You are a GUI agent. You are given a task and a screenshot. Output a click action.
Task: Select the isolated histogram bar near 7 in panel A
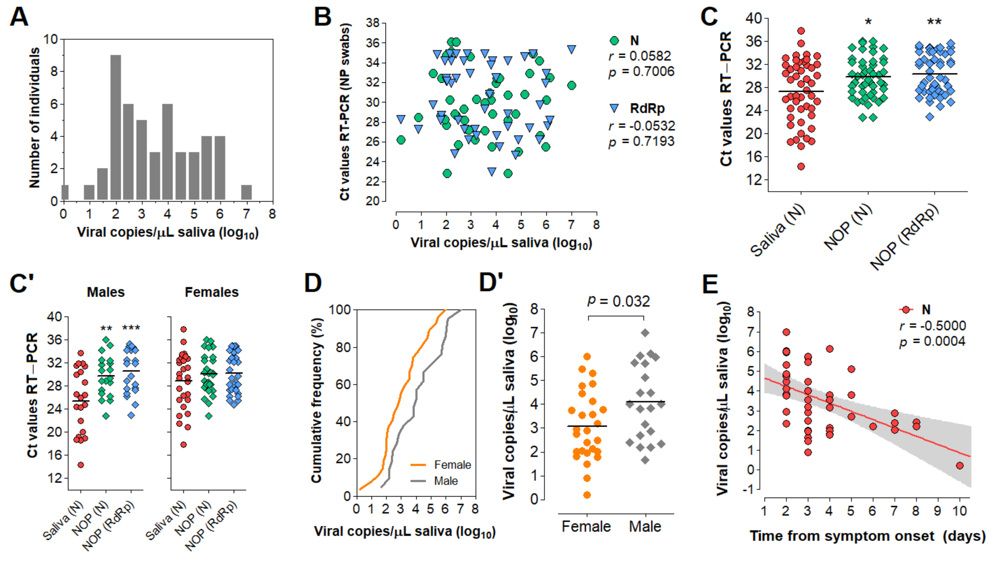[246, 192]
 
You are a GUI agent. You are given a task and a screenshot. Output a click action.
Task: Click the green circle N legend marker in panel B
[614, 41]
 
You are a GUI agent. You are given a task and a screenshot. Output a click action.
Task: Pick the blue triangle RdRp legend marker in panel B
[614, 108]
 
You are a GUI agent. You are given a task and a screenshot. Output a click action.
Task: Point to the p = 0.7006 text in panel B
[641, 72]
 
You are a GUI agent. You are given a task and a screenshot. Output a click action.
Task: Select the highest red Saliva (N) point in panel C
[801, 31]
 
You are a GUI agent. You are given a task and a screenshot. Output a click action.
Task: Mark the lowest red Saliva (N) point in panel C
[801, 167]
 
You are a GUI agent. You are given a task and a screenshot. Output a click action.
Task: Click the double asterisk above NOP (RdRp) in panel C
[934, 22]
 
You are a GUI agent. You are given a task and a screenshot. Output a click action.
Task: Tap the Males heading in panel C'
[106, 292]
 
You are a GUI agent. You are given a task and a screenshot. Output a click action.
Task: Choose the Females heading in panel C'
[212, 292]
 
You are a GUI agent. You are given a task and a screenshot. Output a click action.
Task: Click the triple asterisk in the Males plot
[131, 328]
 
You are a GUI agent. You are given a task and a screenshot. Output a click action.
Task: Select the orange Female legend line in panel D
[418, 465]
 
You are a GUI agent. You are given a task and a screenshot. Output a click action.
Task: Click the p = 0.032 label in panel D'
[618, 301]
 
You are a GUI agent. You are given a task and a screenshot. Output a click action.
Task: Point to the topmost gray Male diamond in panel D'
[645, 333]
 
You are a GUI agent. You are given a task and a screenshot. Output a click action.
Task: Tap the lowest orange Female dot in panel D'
[587, 495]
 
